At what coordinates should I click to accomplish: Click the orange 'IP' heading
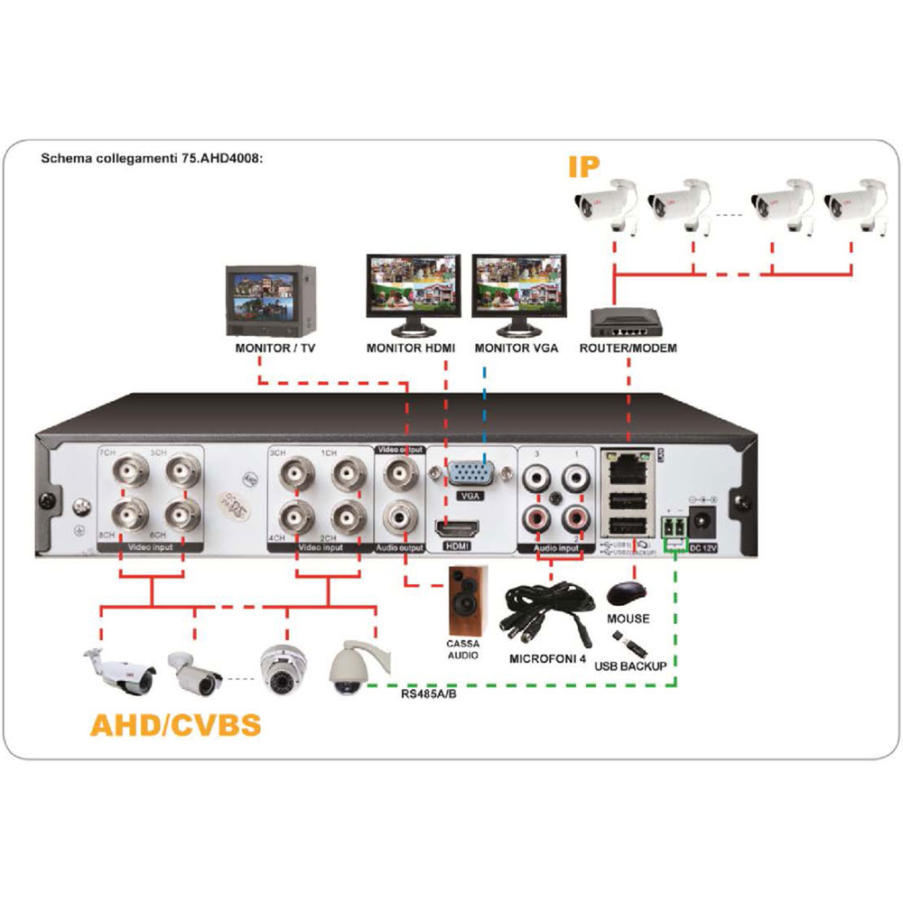[585, 167]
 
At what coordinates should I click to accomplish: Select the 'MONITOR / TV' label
[269, 347]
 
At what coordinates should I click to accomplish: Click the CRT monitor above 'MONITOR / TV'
[270, 298]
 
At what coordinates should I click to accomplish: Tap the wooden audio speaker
[468, 599]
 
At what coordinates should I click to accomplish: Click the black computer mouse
[628, 594]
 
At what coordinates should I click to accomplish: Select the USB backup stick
[630, 643]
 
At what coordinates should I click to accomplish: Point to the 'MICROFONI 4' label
[547, 659]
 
